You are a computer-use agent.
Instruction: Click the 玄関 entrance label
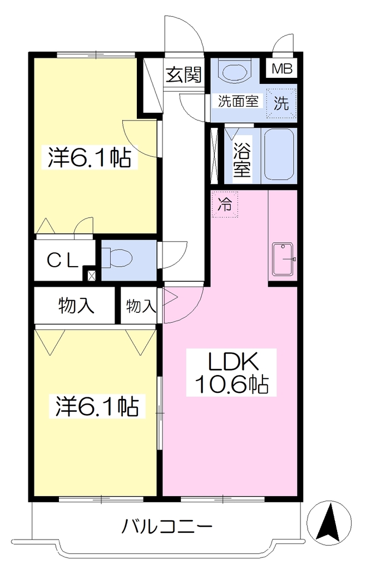(x=184, y=76)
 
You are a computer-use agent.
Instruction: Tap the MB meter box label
(x=282, y=68)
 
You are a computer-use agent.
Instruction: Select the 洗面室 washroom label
(x=238, y=101)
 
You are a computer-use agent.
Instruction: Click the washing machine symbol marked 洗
(x=281, y=103)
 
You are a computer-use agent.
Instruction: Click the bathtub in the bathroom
(x=279, y=155)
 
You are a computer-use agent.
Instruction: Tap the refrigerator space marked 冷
(x=225, y=204)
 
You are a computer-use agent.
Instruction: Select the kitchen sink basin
(x=284, y=259)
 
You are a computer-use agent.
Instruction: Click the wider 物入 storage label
(x=76, y=305)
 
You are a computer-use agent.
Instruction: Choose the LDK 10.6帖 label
(x=231, y=373)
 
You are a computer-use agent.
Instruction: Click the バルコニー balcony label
(x=167, y=526)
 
